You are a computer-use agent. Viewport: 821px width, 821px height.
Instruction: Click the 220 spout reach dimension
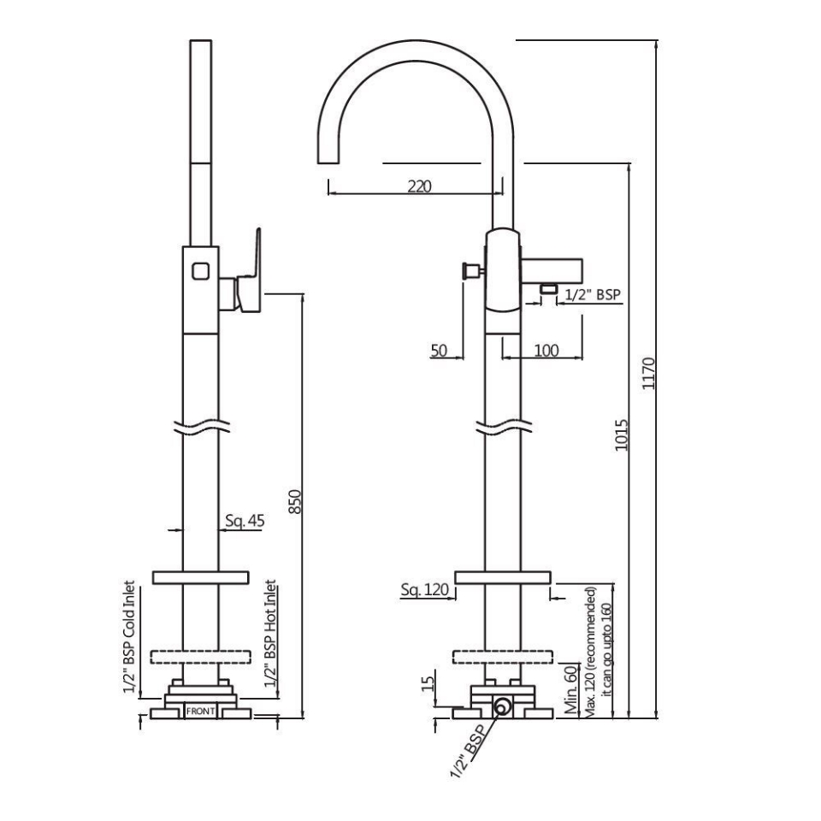tap(419, 186)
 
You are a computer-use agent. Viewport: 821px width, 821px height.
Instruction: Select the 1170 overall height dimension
tap(649, 374)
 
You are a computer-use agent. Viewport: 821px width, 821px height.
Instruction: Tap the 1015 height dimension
tap(622, 436)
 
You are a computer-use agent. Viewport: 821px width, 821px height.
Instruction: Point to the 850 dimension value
tap(296, 502)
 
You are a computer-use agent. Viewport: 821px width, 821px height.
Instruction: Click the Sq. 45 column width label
tap(244, 520)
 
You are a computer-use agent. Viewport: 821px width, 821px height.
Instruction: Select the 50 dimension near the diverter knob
tap(440, 350)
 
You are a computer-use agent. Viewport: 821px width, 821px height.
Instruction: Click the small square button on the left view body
tap(200, 271)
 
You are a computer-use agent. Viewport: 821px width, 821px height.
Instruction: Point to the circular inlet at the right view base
tap(502, 706)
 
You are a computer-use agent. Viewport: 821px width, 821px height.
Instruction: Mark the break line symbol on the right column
tap(504, 426)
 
